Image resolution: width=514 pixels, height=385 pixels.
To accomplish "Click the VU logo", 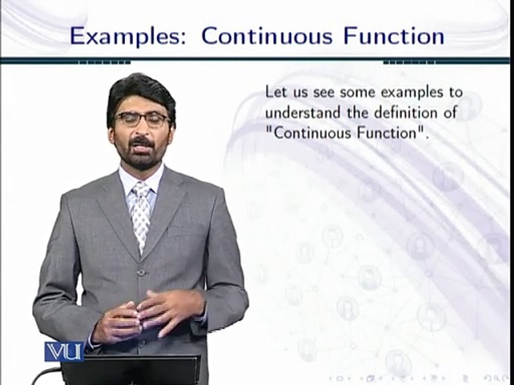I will pyautogui.click(x=64, y=351).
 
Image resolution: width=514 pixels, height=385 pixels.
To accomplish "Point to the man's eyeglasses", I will pyautogui.click(x=142, y=119).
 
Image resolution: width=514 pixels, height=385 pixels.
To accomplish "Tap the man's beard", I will pyautogui.click(x=141, y=158).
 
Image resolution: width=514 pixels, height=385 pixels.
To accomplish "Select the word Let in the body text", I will pyautogui.click(x=276, y=92).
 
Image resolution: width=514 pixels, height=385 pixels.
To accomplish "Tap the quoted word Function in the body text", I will pyautogui.click(x=389, y=133).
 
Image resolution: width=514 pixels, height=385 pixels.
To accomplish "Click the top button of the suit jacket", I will pyautogui.click(x=141, y=273).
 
